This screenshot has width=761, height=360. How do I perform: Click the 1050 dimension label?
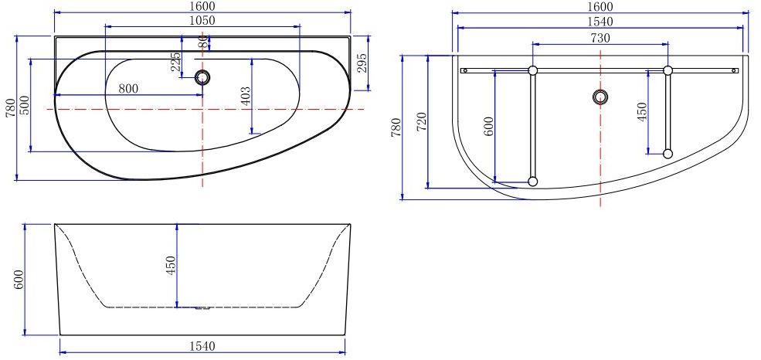[202, 20]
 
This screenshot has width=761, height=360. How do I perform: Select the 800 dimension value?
[128, 88]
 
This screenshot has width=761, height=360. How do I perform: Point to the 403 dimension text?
[246, 96]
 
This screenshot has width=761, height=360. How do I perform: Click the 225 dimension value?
[176, 62]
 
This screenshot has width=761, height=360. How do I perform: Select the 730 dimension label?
[600, 38]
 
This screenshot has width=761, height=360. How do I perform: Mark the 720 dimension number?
[422, 121]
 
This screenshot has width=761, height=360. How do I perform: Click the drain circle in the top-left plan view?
[203, 76]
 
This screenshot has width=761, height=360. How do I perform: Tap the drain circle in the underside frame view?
[600, 97]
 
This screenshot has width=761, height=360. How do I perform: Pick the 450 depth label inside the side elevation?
[172, 265]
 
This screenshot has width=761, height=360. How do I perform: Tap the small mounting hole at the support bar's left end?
[465, 70]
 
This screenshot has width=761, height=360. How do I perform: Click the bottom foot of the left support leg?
[532, 182]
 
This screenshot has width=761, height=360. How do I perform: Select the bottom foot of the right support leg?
[668, 154]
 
